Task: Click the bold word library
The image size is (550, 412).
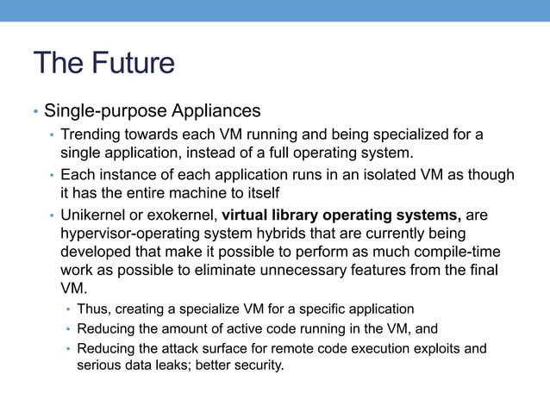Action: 303,215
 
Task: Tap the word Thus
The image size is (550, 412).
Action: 93,309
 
